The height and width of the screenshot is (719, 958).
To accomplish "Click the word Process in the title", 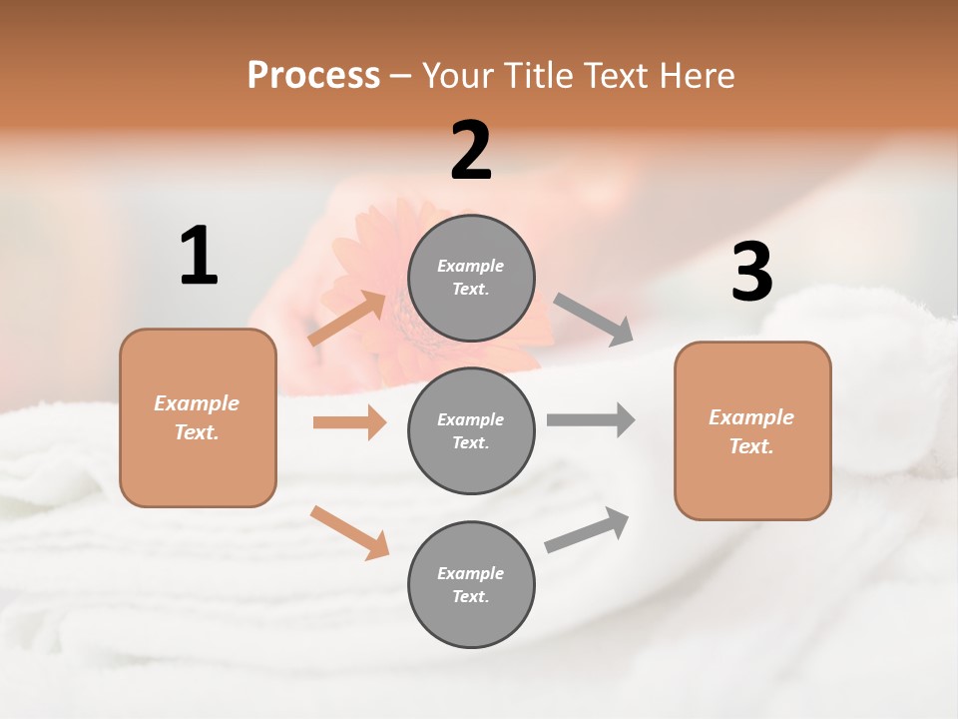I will click(x=313, y=76).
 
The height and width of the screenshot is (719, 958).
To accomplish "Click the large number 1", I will click(x=199, y=257).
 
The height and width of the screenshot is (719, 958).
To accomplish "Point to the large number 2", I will click(x=471, y=151).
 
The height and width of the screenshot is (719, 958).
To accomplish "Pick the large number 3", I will click(x=751, y=272).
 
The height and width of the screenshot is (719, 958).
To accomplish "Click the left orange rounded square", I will click(x=198, y=417).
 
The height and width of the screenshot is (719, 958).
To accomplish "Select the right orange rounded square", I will click(x=752, y=431).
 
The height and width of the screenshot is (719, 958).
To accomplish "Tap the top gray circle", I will click(x=471, y=278).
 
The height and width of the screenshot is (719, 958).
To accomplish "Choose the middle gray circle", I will click(x=471, y=430).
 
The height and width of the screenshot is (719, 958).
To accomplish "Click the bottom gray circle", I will click(x=471, y=584).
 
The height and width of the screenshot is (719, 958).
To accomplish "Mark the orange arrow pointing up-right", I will click(x=347, y=319).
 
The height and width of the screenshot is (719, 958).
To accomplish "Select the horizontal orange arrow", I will click(x=349, y=422).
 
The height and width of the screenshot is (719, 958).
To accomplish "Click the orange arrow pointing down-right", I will click(x=349, y=532).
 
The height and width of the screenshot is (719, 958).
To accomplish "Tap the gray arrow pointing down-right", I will click(x=594, y=320).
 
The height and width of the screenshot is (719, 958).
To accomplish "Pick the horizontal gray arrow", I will click(x=591, y=419).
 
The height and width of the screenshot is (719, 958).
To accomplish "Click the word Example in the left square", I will click(x=197, y=403).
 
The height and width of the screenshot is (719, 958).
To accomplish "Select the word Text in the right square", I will click(x=750, y=446).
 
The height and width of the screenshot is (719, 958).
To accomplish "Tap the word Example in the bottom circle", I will click(x=471, y=573).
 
